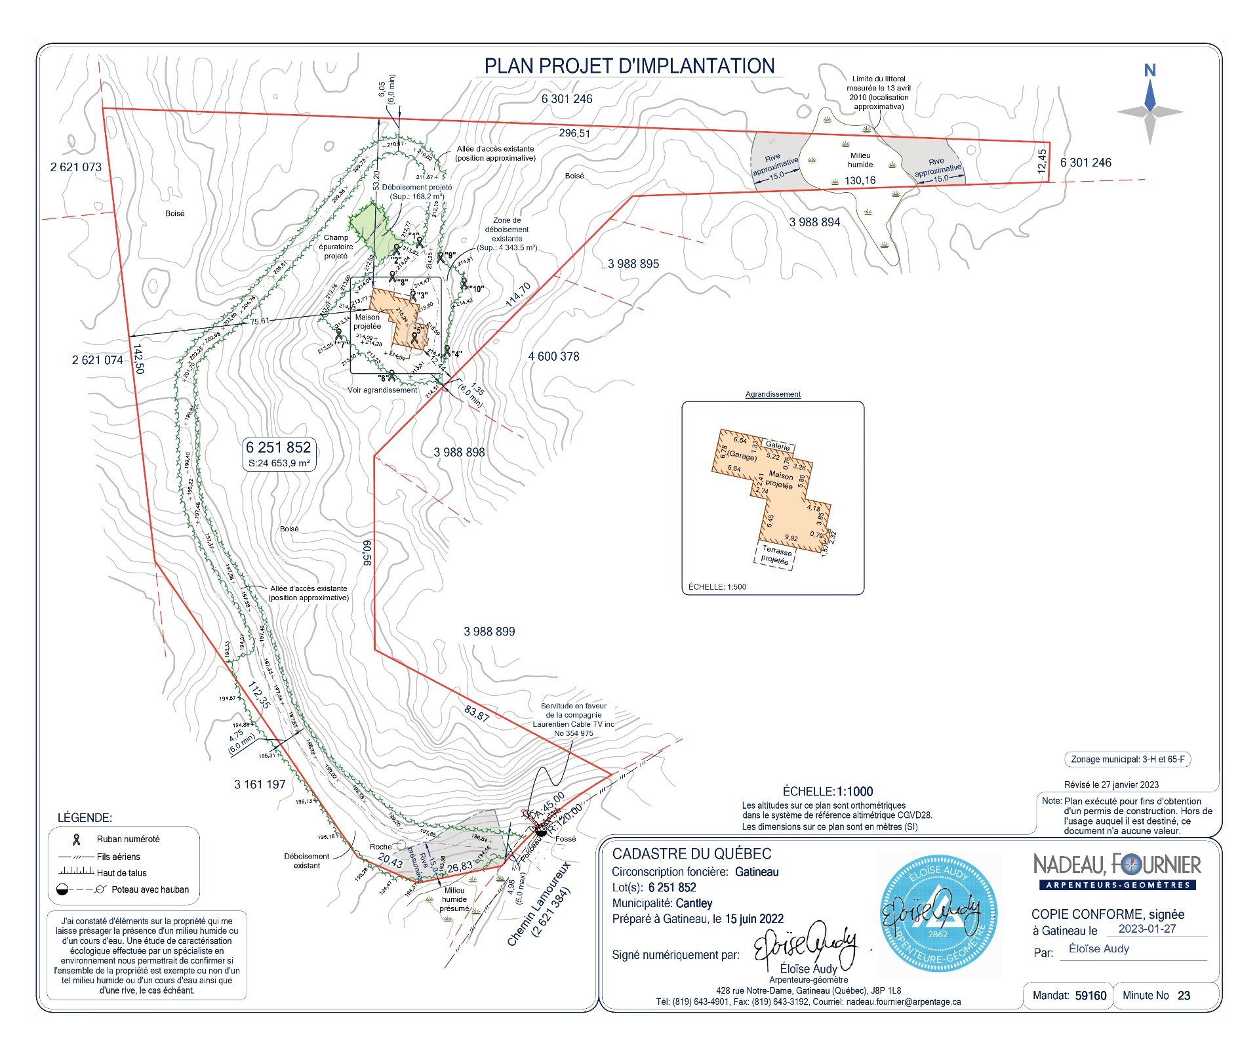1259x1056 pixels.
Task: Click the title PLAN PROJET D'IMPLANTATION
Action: point(629,66)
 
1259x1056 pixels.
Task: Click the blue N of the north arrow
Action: point(1149,70)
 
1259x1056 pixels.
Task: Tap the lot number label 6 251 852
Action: point(278,447)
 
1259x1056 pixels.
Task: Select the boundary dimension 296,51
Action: point(574,133)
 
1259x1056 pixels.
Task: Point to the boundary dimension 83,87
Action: point(477,713)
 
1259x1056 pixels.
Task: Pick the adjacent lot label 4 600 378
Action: point(553,356)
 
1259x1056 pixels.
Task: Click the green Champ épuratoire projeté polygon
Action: point(370,233)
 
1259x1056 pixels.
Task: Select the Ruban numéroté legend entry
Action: point(128,839)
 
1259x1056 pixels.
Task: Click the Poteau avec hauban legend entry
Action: point(150,889)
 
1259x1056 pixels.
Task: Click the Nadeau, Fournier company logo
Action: point(1117,870)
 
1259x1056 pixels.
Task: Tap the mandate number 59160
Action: point(1090,996)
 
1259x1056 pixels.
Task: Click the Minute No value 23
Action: point(1184,996)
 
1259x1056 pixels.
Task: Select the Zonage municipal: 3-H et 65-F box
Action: point(1127,760)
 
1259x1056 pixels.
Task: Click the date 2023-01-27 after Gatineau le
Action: point(1147,929)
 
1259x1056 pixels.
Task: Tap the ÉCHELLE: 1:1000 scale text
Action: point(828,791)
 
